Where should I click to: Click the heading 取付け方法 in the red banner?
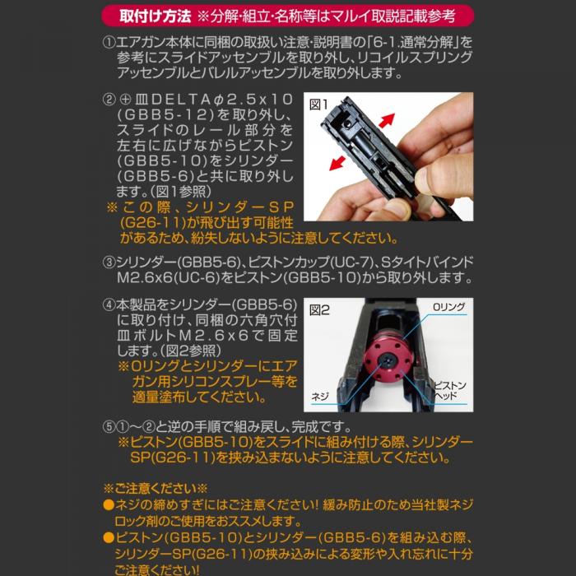(x=156, y=16)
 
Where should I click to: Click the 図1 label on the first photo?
(x=319, y=105)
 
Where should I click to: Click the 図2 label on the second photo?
(x=319, y=310)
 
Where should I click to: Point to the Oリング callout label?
(x=448, y=307)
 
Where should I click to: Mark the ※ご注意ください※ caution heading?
(x=156, y=487)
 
